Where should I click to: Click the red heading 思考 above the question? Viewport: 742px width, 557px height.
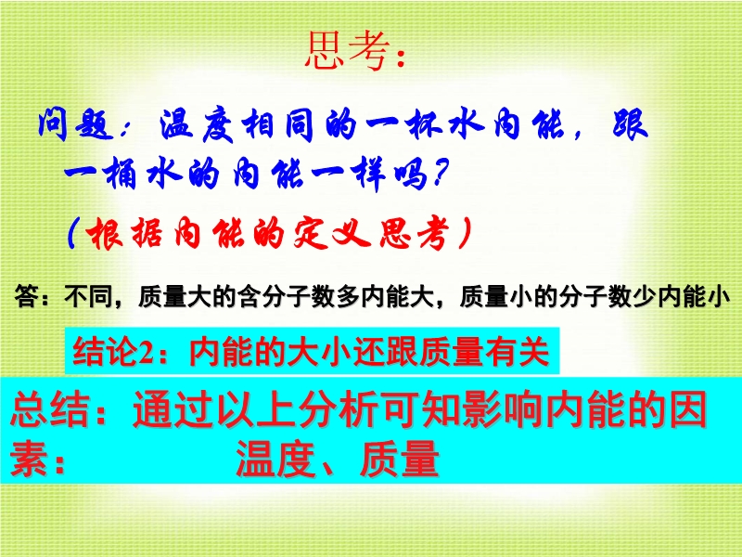pos(349,51)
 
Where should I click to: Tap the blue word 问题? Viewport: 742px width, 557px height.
pos(76,125)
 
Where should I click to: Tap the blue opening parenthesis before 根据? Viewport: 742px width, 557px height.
pos(72,233)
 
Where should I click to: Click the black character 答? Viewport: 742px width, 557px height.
pos(26,296)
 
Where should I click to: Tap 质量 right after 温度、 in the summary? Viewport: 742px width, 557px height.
pos(399,459)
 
